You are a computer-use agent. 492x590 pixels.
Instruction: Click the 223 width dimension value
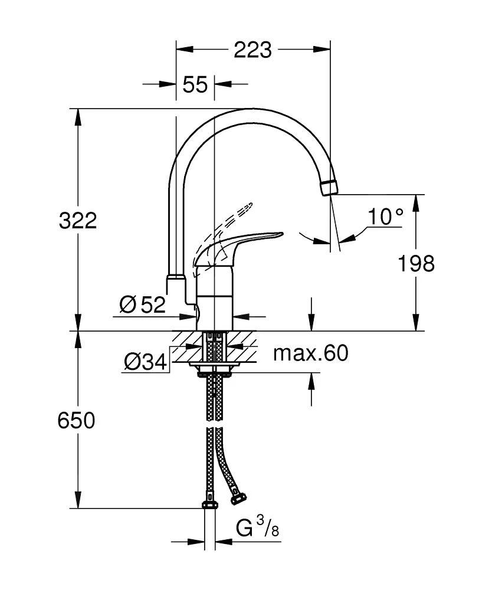click(x=252, y=51)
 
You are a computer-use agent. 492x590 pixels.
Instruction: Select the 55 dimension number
click(x=195, y=84)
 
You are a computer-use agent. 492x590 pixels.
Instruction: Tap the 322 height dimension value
click(x=77, y=221)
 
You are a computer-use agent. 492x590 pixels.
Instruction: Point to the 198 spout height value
click(x=415, y=263)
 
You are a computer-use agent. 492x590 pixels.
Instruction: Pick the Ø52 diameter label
click(x=142, y=304)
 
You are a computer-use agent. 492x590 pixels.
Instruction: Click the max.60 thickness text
click(x=310, y=353)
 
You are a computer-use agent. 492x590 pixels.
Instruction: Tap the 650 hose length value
click(x=76, y=421)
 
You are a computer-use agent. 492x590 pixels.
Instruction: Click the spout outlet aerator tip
click(x=329, y=188)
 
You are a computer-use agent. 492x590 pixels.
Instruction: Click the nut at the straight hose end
click(x=209, y=503)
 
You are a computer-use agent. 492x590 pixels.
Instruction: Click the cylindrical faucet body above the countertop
click(x=214, y=298)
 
